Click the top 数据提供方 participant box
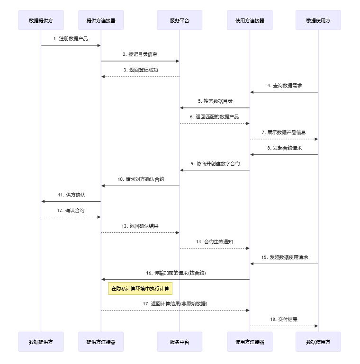pyautogui.click(x=41, y=20)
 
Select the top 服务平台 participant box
pyautogui.click(x=180, y=20)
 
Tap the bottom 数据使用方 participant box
pyautogui.click(x=318, y=341)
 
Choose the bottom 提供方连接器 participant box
pyautogui.click(x=101, y=341)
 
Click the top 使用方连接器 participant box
pyautogui.click(x=250, y=20)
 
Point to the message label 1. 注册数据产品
pyautogui.click(x=71, y=39)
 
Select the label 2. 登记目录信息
pyautogui.click(x=140, y=54)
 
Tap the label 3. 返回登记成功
pyautogui.click(x=140, y=70)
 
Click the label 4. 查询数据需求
pyautogui.click(x=284, y=86)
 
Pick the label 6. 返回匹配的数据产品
pyautogui.click(x=214, y=116)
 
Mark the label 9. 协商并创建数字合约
pyautogui.click(x=215, y=163)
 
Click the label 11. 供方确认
pyautogui.click(x=71, y=195)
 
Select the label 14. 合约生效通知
pyautogui.click(x=215, y=241)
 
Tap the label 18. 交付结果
pyautogui.click(x=284, y=320)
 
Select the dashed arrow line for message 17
pyautogui.click(x=175, y=310)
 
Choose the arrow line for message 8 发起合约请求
pyautogui.click(x=284, y=154)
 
